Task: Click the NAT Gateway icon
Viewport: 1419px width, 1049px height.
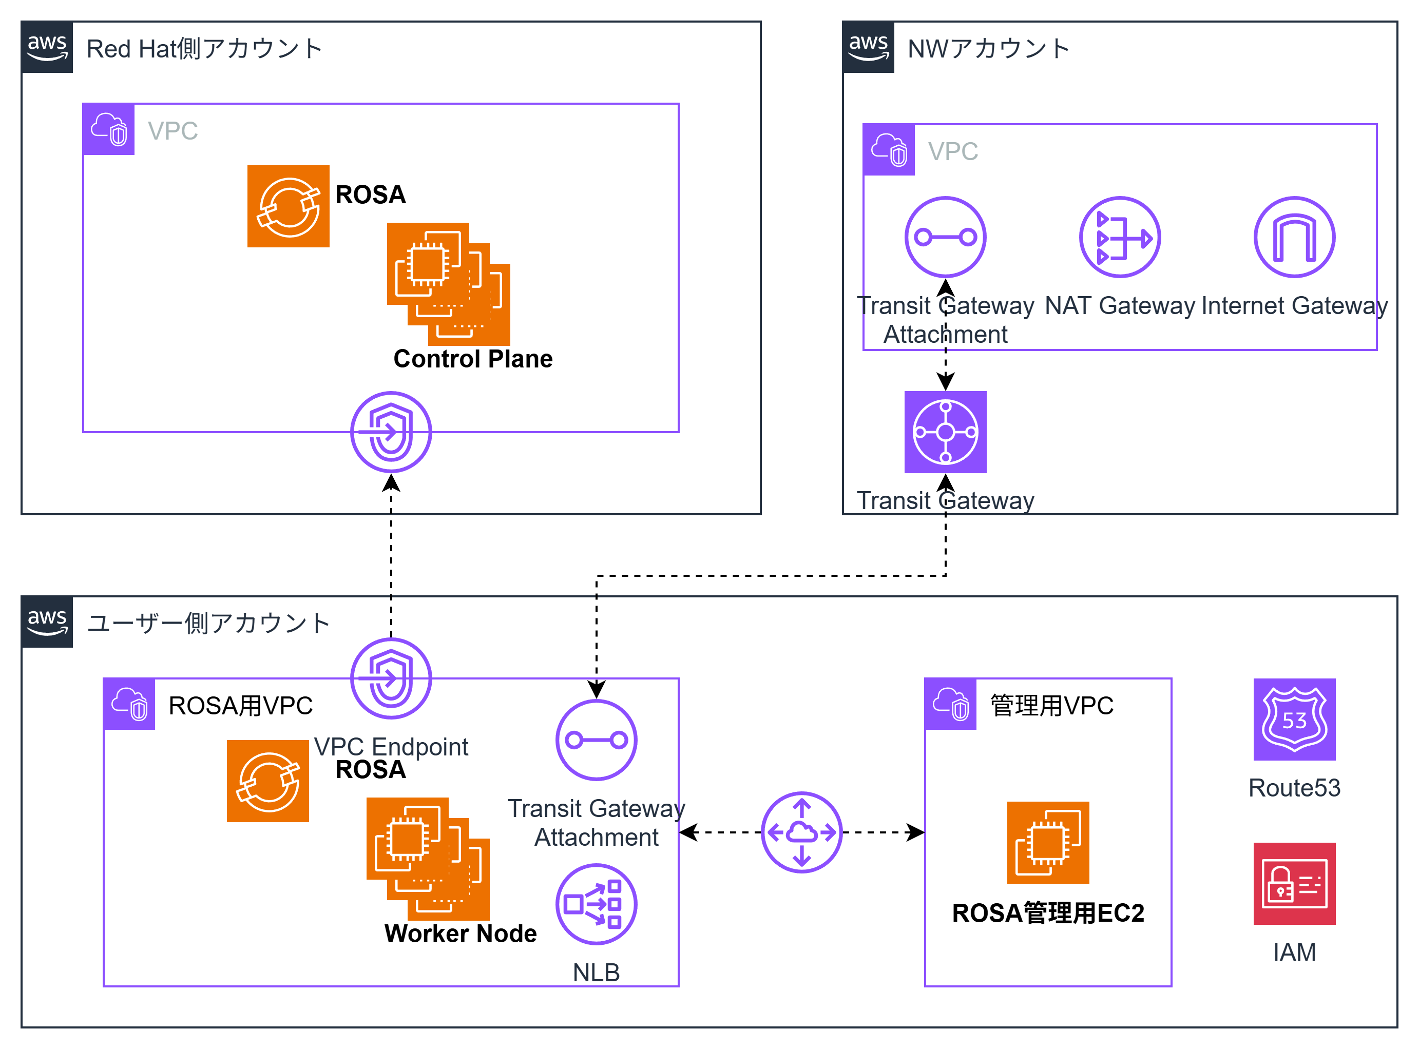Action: pos(1120,237)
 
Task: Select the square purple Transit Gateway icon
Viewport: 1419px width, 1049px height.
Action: pos(945,432)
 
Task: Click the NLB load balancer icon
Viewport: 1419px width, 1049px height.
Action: pos(596,904)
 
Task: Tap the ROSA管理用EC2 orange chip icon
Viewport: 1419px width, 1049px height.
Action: pos(1047,842)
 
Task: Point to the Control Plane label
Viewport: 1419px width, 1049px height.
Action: pos(473,359)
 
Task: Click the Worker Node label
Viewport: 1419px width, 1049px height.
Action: pos(461,934)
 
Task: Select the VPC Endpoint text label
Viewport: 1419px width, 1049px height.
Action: pos(391,747)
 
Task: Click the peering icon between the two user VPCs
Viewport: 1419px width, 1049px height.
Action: pos(801,832)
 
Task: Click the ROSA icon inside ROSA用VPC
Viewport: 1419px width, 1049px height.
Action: pos(267,781)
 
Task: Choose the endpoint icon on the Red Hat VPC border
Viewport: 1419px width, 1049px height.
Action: pos(391,432)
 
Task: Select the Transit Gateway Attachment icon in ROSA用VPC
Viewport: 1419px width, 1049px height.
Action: pos(596,740)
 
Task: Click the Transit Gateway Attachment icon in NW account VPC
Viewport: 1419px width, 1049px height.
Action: pos(945,237)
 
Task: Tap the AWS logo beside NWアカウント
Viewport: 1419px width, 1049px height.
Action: pos(868,47)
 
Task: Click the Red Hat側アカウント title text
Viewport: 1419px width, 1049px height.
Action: pos(204,49)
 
